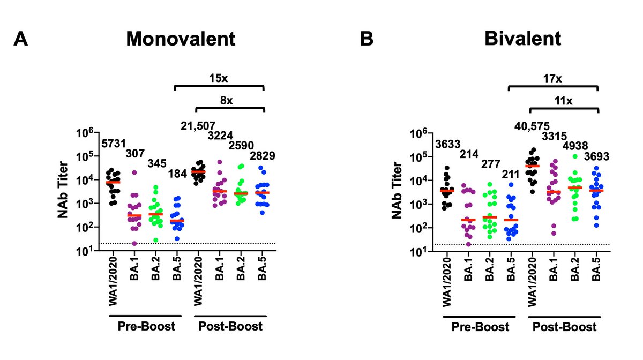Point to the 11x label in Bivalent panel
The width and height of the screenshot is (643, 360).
(x=563, y=100)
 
